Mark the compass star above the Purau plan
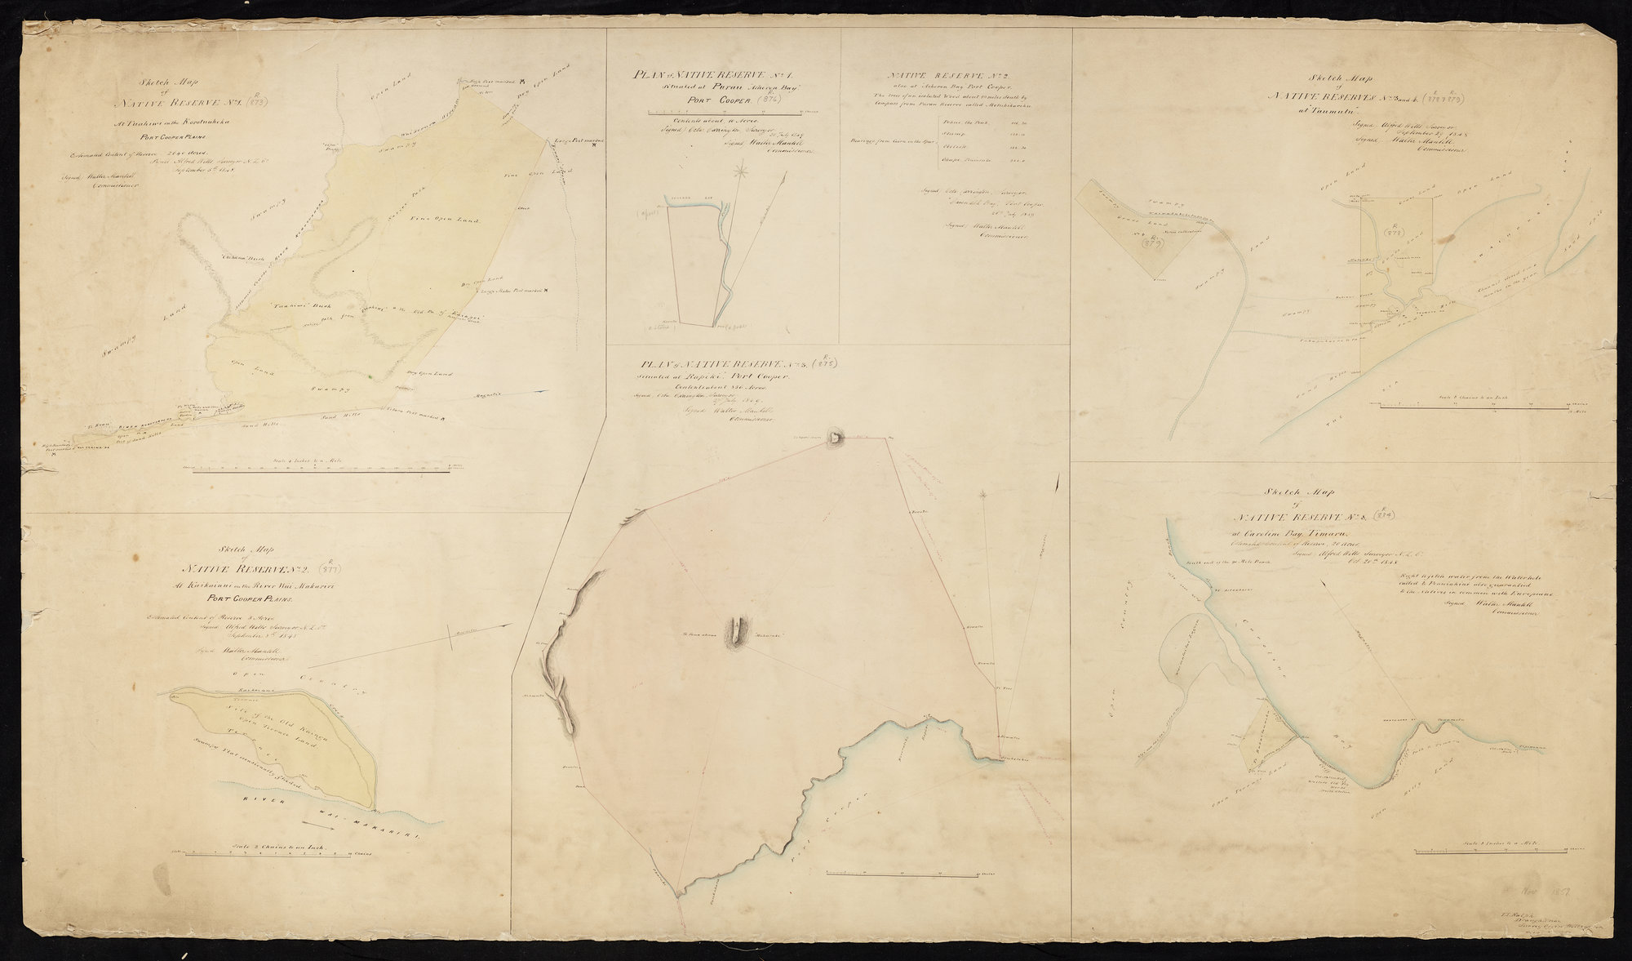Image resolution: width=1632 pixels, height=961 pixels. click(742, 171)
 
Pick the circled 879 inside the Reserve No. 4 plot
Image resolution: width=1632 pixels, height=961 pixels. click(1151, 241)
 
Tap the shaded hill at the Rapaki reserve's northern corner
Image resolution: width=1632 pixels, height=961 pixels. click(835, 438)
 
